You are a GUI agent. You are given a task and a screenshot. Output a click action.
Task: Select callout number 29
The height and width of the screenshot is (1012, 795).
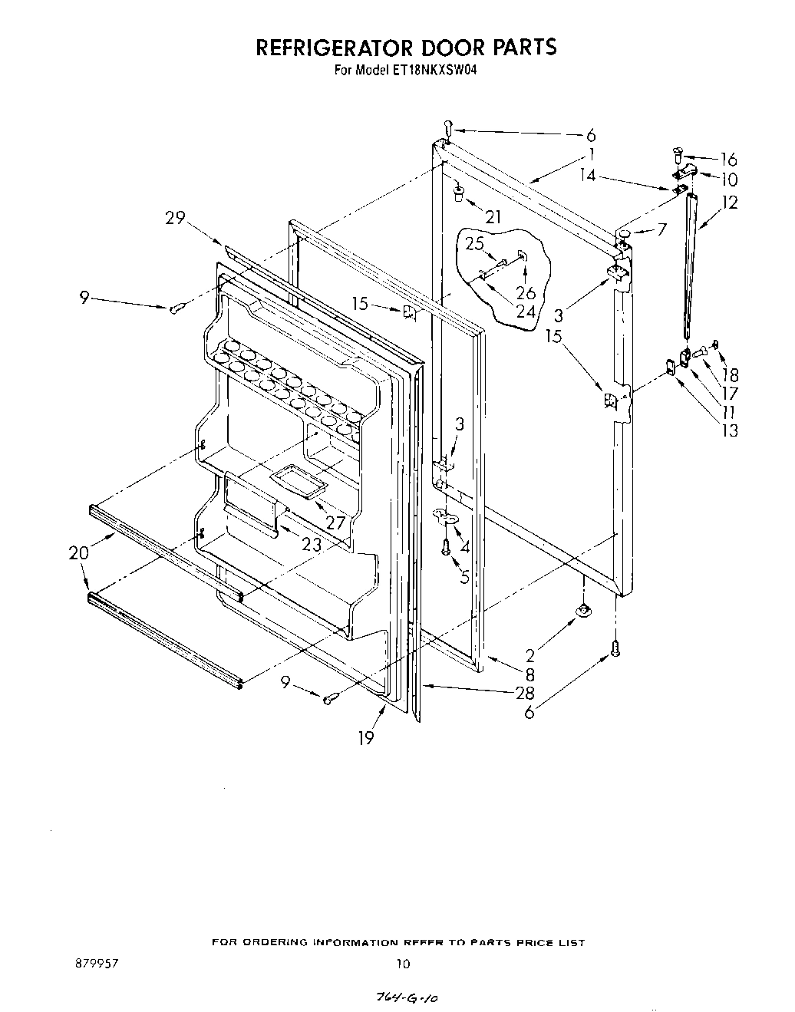coord(176,218)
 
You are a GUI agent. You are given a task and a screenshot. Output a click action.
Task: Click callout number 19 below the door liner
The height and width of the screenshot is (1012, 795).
coord(366,738)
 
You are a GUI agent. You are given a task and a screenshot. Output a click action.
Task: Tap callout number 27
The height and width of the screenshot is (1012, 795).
coord(335,522)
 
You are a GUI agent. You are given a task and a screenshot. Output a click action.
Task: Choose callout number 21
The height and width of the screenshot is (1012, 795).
coord(493,218)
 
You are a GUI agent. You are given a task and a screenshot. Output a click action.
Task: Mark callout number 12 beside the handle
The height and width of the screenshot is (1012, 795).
coord(728,203)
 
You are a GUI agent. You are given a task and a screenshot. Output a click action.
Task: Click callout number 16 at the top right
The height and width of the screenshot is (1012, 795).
coord(727,160)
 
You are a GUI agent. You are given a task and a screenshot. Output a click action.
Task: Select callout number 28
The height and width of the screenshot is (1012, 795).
coord(525,693)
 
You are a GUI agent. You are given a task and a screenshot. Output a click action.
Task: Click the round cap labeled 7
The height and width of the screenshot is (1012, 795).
coord(625,232)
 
